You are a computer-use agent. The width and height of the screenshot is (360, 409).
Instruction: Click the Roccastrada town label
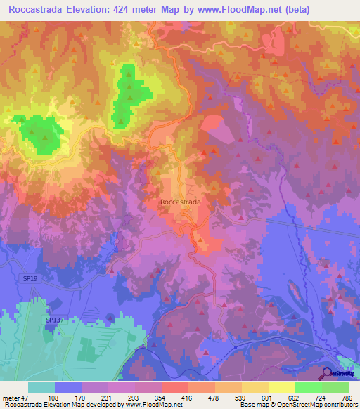coord(181,202)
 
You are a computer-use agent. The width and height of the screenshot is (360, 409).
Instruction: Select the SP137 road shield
coord(54,320)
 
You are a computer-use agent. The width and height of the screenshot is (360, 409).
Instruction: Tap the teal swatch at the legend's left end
coord(41,387)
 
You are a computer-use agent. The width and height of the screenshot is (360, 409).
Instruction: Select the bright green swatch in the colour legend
coord(309,387)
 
